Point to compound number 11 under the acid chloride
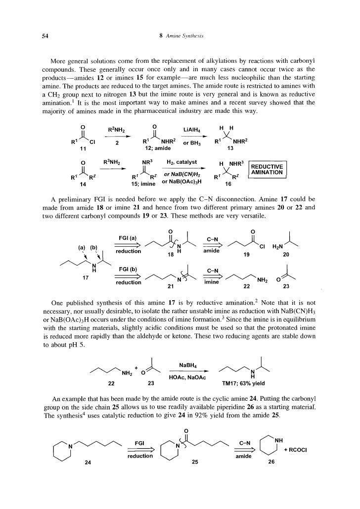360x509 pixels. click(x=83, y=148)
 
